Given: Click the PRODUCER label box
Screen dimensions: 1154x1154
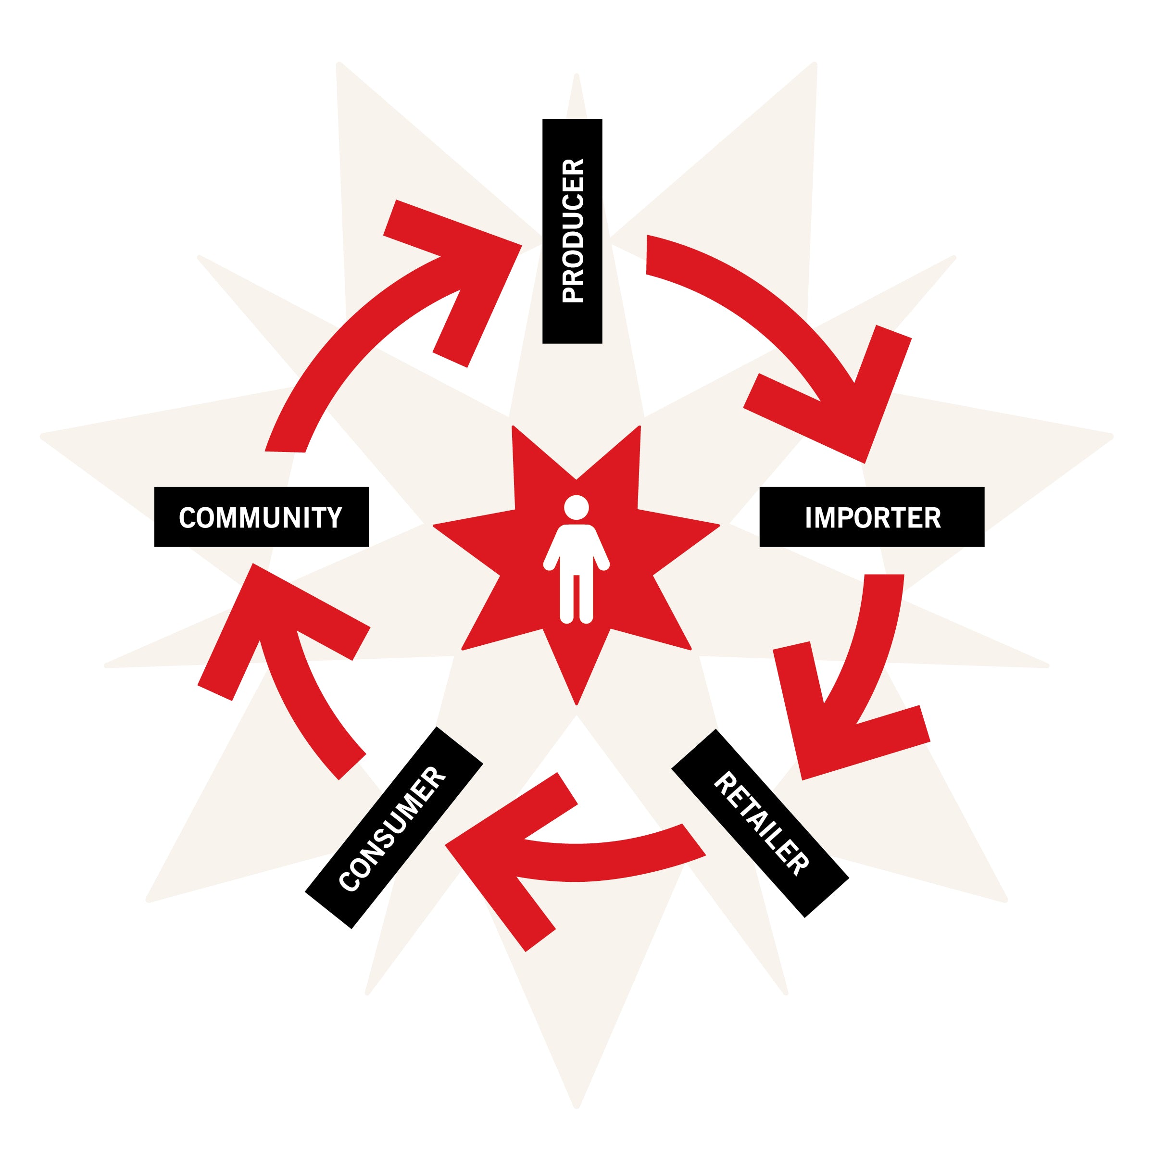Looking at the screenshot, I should point(572,231).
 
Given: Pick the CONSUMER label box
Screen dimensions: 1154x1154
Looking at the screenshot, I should point(394,827).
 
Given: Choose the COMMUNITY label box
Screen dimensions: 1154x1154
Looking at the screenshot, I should point(261,517).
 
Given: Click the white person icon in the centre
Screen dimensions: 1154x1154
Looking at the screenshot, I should point(576,562).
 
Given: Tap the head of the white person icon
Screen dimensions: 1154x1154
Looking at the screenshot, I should point(576,508).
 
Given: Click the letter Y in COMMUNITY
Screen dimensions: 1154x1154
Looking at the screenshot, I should point(335,517).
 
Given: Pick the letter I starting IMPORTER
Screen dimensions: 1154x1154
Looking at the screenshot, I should point(809,517).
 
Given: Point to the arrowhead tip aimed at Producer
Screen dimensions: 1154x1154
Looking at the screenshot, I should point(521,246).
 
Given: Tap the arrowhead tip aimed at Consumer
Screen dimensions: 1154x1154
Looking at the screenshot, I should point(447,845).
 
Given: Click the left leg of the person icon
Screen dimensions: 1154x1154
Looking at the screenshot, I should point(566,597).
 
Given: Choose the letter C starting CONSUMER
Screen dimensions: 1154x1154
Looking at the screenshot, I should point(350,883).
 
